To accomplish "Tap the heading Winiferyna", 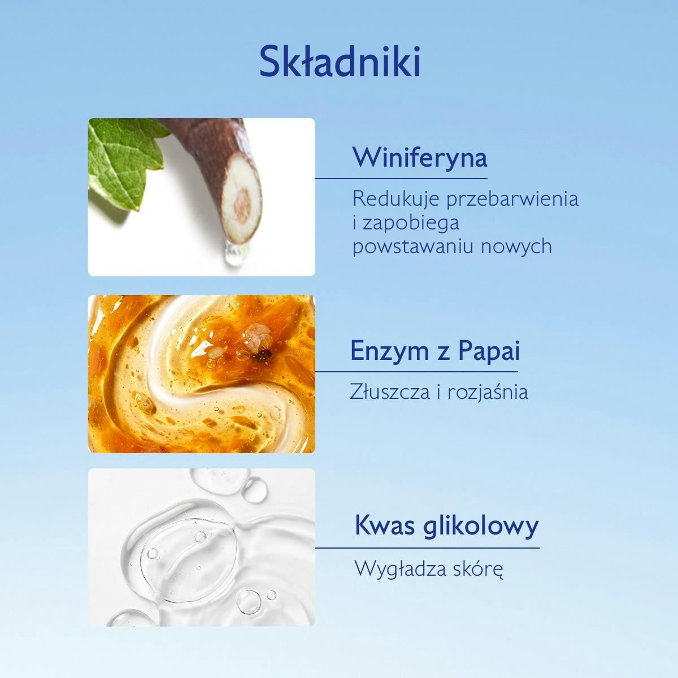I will pos(419,157).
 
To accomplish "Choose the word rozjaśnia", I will pos(488,392).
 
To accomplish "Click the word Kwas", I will pos(385,526).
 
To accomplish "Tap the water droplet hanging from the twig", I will pos(231,257).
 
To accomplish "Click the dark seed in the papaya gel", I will pos(262,356).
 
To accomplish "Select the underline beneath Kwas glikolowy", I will pos(427,547).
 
